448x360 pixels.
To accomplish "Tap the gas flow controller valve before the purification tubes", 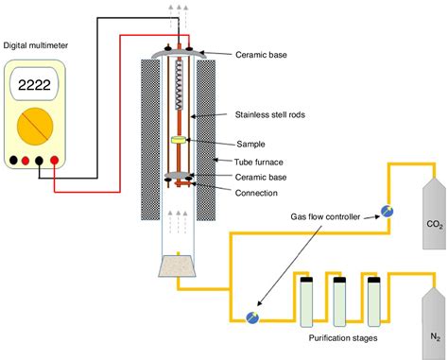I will coord(250,317).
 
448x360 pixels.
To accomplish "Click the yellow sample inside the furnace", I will coord(177,141).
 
